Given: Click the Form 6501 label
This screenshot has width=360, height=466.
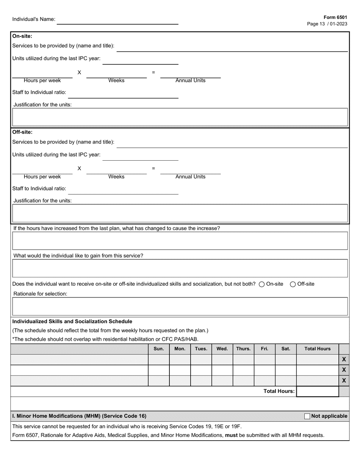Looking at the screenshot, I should [x=335, y=17].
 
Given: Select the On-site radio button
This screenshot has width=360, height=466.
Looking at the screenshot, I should [x=261, y=285].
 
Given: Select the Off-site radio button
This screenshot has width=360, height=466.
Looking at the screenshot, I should [x=293, y=285].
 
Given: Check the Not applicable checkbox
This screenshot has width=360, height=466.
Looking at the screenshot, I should [x=307, y=416].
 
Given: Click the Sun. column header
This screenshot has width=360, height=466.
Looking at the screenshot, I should [x=158, y=349].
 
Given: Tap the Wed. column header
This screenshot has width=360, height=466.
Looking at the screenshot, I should [x=222, y=349].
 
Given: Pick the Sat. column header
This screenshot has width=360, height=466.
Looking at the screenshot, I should [x=285, y=349].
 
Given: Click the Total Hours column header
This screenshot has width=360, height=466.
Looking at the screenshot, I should [x=317, y=349].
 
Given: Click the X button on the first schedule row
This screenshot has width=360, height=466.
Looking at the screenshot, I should [x=344, y=359].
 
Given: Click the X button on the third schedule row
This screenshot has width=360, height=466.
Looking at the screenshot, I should [x=344, y=380].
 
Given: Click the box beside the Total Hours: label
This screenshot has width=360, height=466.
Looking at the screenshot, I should [x=317, y=391].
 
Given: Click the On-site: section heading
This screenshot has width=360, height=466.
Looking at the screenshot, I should [x=22, y=36].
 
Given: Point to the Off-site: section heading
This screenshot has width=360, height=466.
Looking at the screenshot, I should [x=22, y=132].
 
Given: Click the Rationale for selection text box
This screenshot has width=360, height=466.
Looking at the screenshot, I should [x=180, y=306].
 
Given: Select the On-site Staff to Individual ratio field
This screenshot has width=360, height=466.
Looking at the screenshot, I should [x=123, y=94].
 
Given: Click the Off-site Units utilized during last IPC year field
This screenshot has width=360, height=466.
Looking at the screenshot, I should [x=140, y=156].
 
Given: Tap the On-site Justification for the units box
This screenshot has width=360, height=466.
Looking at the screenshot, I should [x=180, y=117].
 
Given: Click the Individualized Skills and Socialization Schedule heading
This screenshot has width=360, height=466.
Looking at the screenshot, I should [x=72, y=321].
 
